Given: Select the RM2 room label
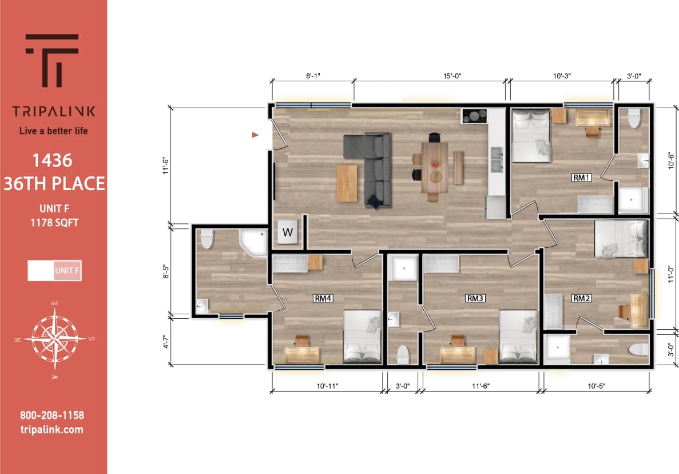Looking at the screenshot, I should pos(581,298).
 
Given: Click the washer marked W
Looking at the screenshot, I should pos(288,232).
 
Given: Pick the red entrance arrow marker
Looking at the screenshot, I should pos(255,135).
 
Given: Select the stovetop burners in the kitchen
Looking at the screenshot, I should pos(474,116).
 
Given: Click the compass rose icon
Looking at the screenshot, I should pos(55,338).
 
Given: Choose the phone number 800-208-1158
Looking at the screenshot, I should pos(52,416).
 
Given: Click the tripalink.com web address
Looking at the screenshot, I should pos(52,429).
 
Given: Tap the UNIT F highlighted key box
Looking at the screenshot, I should pos(67,270).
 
